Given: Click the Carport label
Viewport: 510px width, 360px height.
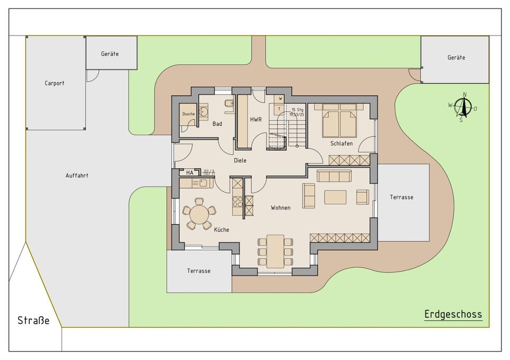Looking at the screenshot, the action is (x=54, y=83).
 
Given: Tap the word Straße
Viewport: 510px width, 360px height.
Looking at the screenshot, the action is (x=33, y=320).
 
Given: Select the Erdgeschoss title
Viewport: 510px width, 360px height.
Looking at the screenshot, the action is (x=453, y=314).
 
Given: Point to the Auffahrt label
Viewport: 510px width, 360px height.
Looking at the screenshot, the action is (x=76, y=175).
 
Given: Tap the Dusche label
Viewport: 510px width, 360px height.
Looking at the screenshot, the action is (x=189, y=114).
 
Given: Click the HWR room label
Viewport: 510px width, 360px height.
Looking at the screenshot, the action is (x=256, y=119).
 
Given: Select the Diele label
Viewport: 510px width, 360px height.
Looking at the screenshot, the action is (x=240, y=160).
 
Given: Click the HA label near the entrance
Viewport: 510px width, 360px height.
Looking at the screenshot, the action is (x=190, y=173).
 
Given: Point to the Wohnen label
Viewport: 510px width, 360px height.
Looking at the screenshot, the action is (x=280, y=208).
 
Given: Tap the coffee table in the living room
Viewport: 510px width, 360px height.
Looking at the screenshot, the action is (x=335, y=197).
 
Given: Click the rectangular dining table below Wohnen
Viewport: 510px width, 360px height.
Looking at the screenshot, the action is (x=275, y=251).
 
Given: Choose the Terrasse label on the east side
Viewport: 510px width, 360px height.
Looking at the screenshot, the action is (x=402, y=197).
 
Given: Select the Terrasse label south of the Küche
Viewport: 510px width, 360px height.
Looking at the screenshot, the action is (x=198, y=271).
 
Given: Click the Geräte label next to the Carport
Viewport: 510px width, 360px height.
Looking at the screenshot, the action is (x=109, y=54).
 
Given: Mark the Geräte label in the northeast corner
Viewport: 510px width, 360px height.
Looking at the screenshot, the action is (x=456, y=57).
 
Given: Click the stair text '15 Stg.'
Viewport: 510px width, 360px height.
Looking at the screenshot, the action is (x=297, y=110).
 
